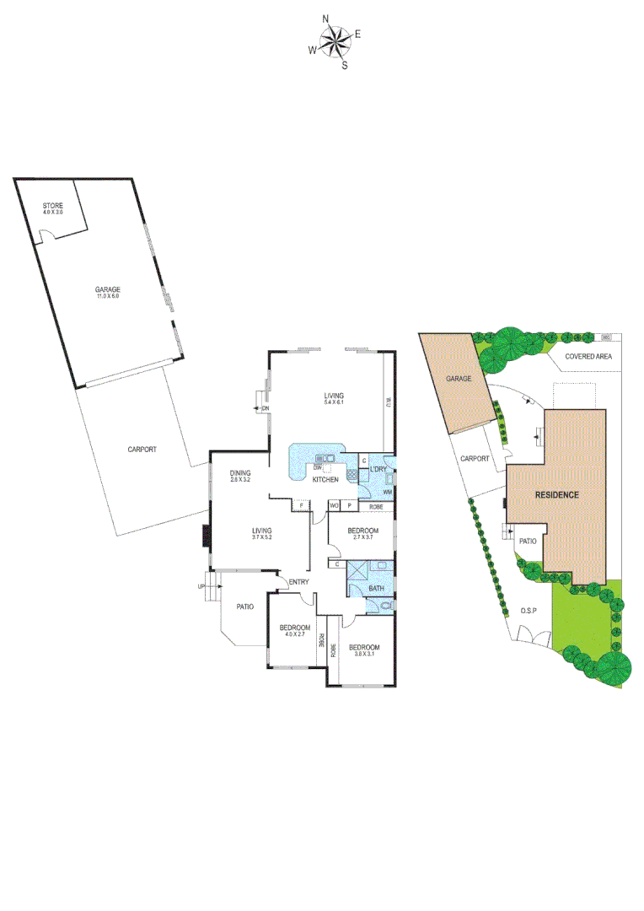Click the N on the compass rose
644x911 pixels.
326,18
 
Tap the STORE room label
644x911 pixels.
53,205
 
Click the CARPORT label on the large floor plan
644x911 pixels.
142,450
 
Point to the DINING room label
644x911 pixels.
241,473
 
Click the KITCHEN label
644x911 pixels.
325,479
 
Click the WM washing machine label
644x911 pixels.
388,492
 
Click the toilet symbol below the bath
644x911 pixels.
386,606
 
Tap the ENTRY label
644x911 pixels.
298,583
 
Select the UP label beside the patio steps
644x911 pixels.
201,586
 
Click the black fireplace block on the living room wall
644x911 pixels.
206,537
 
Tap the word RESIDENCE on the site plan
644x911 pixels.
557,494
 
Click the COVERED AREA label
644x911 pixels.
588,357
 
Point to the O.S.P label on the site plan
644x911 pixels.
529,610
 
